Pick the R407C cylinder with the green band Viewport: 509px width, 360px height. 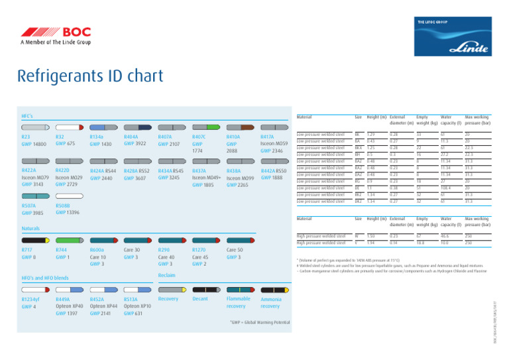click(207, 126)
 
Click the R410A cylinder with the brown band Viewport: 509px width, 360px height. click(242, 126)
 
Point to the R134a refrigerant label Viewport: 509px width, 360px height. click(97, 137)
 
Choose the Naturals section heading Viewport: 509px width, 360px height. click(30, 227)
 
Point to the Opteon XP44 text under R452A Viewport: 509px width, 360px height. click(104, 306)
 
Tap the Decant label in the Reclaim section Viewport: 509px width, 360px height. click(200, 299)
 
